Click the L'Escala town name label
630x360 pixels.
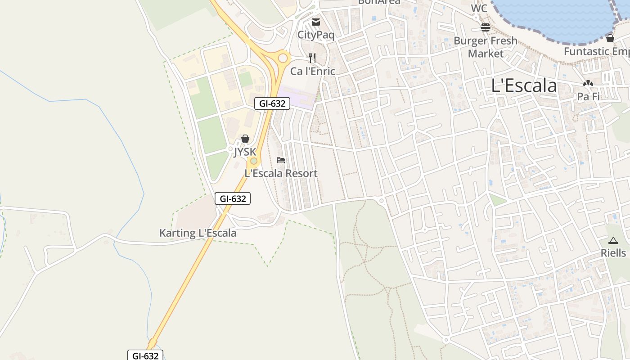pyautogui.click(x=524, y=85)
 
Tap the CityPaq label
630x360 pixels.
pyautogui.click(x=316, y=35)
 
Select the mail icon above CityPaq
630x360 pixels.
pyautogui.click(x=316, y=22)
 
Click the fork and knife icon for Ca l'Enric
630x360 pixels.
pyautogui.click(x=312, y=58)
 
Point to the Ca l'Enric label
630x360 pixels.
pyautogui.click(x=312, y=71)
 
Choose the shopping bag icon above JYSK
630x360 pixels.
pyautogui.click(x=245, y=139)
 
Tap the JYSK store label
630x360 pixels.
pyautogui.click(x=245, y=152)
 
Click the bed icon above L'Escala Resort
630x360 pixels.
pyautogui.click(x=281, y=160)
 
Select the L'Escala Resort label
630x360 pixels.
pyautogui.click(x=281, y=173)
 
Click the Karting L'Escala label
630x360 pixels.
pyautogui.click(x=198, y=233)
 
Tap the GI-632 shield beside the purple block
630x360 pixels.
pyautogui.click(x=272, y=103)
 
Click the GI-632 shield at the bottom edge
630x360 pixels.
pyautogui.click(x=145, y=355)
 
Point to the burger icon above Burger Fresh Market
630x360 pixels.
pyautogui.click(x=485, y=27)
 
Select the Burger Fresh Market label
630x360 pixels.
pyautogui.click(x=485, y=47)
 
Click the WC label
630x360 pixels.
pyautogui.click(x=479, y=9)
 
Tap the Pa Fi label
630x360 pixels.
pyautogui.click(x=588, y=96)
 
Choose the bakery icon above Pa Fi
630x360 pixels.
pyautogui.click(x=588, y=83)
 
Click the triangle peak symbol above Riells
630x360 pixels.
pyautogui.click(x=613, y=240)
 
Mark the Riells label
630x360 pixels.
pyautogui.click(x=613, y=253)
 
